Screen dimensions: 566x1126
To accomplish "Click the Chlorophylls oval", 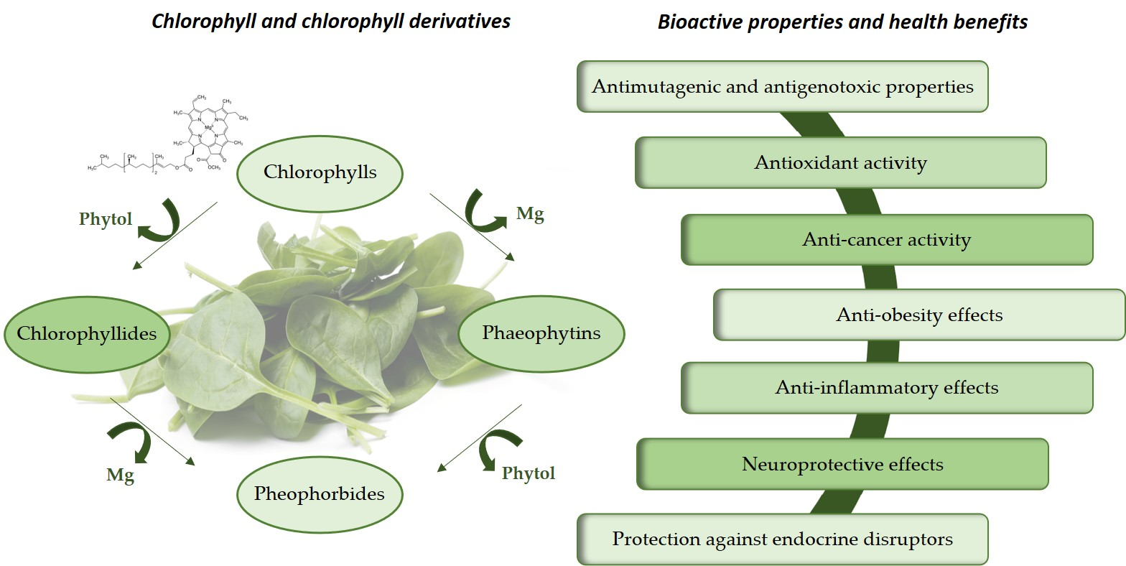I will click(320, 172).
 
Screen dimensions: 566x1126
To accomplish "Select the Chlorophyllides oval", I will click(87, 333).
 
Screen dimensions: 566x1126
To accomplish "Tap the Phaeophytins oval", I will click(541, 333).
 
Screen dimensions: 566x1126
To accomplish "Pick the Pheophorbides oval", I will click(319, 494).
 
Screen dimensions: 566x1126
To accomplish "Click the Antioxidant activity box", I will click(840, 163).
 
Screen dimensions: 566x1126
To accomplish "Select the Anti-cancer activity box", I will click(886, 239).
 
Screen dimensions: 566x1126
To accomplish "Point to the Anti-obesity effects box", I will click(919, 315).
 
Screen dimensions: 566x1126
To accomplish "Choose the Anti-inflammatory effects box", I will click(887, 388).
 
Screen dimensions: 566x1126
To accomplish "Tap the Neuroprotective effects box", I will click(842, 464).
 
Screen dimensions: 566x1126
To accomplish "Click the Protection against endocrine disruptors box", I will click(782, 539).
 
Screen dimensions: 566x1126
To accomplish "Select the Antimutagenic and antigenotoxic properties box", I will click(782, 87).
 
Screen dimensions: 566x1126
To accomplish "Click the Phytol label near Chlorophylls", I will click(106, 219).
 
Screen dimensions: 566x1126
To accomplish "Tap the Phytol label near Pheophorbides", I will click(528, 473).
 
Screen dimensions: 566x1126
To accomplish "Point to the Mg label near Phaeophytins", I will click(530, 213).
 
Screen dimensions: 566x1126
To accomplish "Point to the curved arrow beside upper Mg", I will click(485, 208).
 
